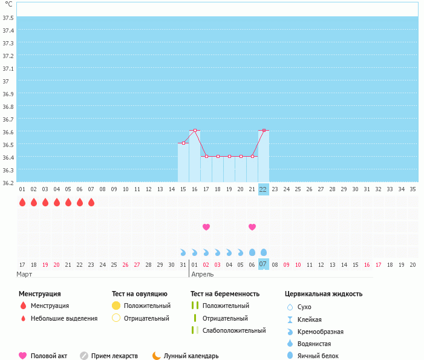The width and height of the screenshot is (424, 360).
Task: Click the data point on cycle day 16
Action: tap(195, 130)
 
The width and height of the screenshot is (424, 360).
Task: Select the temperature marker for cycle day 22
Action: tap(264, 130)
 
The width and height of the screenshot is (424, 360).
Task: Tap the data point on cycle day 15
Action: tap(183, 143)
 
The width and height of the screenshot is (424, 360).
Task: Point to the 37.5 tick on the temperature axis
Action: tap(8, 18)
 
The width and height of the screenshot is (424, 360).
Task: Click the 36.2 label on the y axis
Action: tap(8, 183)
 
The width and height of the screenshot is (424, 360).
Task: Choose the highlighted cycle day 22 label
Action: tap(263, 189)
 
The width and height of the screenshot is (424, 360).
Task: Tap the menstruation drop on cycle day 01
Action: tap(22, 202)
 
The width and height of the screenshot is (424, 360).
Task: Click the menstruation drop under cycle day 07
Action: tap(91, 202)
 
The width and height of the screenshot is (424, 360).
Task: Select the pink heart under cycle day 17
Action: tap(206, 227)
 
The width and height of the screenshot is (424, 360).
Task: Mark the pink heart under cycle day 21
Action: tap(252, 227)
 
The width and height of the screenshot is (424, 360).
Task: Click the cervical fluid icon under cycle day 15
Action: tap(183, 252)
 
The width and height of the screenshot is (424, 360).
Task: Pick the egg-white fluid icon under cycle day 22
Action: tap(263, 252)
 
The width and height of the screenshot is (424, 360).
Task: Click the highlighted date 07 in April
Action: tap(263, 264)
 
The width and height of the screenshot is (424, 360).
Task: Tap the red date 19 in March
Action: tap(45, 265)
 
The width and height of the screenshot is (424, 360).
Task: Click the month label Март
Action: tap(24, 274)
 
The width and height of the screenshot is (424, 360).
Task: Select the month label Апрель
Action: tap(203, 274)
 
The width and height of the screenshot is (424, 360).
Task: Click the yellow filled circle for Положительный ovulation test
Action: tap(116, 306)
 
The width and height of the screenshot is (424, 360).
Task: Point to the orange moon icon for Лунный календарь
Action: tap(156, 355)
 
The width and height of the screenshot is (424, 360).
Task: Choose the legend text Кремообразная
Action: tap(321, 332)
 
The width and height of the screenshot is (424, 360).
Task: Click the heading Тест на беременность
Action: tap(225, 293)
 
